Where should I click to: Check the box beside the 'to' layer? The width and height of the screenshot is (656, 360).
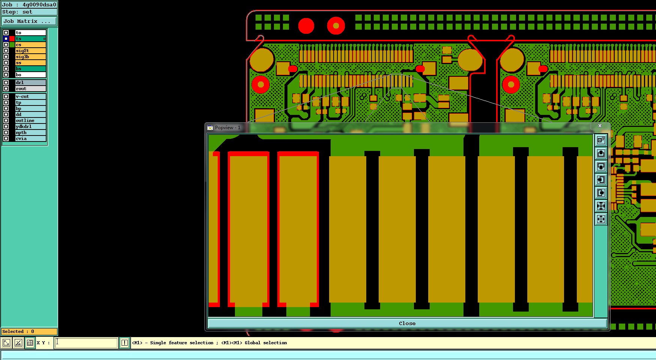pos(6,33)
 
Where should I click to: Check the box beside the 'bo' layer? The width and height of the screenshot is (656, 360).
pos(6,75)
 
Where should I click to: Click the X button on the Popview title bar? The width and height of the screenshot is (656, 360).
pos(600,126)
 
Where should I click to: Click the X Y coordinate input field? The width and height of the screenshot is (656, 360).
pos(86,343)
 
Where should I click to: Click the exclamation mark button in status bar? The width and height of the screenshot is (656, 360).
pos(124,343)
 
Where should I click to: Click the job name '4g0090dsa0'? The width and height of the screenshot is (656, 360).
pos(39,5)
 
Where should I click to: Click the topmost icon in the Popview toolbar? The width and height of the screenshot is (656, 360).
pos(601,140)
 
